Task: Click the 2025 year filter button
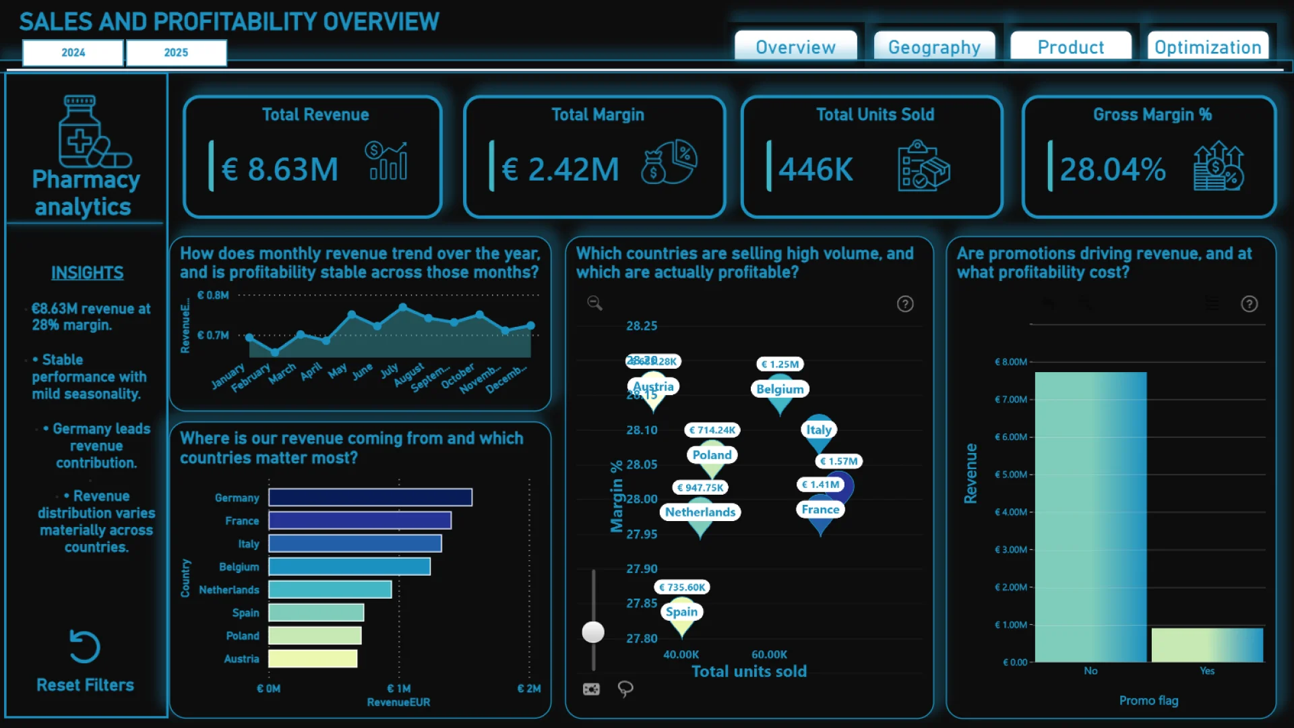pyautogui.click(x=176, y=53)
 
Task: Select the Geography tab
pyautogui.click(x=934, y=47)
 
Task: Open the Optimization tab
pyautogui.click(x=1207, y=47)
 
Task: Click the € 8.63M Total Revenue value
pyautogui.click(x=280, y=169)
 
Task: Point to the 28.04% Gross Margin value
pyautogui.click(x=1112, y=169)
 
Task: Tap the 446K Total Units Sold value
pyautogui.click(x=815, y=169)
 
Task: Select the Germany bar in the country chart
pyautogui.click(x=370, y=497)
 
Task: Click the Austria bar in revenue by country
pyautogui.click(x=313, y=659)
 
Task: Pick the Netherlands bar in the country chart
pyautogui.click(x=330, y=589)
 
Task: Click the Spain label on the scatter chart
pyautogui.click(x=681, y=611)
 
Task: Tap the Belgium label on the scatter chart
pyautogui.click(x=780, y=389)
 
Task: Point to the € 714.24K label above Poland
pyautogui.click(x=712, y=430)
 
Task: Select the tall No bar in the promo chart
pyautogui.click(x=1090, y=516)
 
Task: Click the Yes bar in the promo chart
pyautogui.click(x=1206, y=645)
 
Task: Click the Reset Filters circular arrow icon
pyautogui.click(x=85, y=647)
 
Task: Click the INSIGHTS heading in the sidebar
pyautogui.click(x=88, y=273)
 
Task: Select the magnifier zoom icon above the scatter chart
pyautogui.click(x=594, y=303)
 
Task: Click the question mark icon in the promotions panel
pyautogui.click(x=1249, y=304)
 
